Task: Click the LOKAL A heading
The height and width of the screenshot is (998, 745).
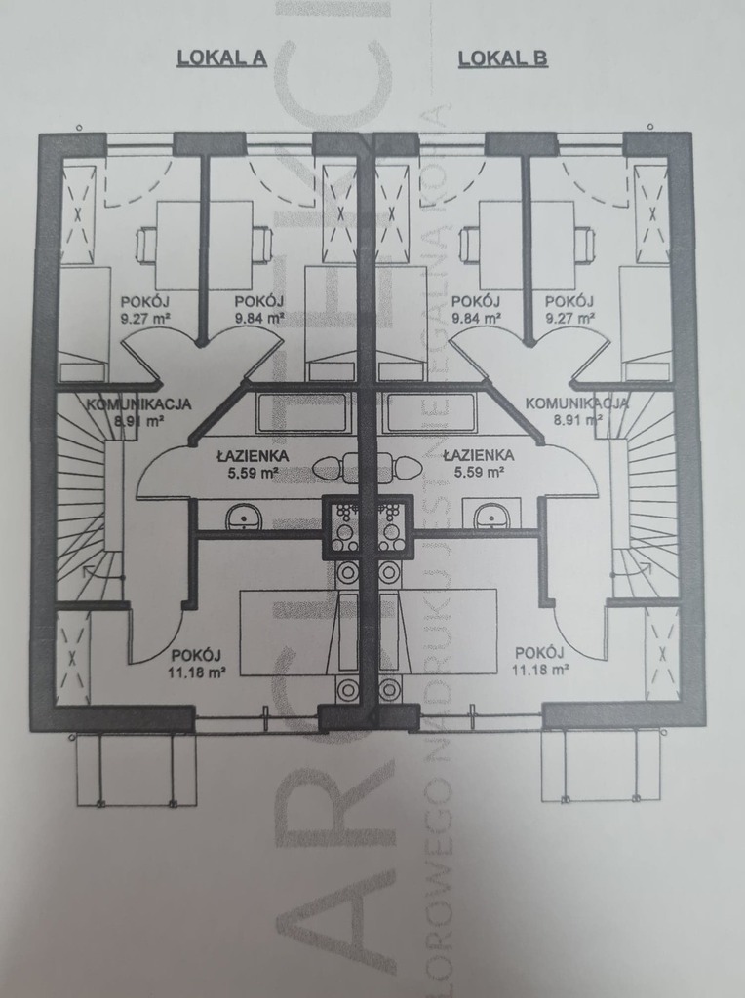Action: (221, 58)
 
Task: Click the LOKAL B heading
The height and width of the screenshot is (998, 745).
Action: (502, 58)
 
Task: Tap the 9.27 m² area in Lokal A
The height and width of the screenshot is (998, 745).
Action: (142, 318)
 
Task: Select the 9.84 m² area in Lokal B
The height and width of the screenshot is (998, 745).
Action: (476, 318)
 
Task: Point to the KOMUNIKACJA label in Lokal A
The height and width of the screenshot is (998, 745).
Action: (138, 403)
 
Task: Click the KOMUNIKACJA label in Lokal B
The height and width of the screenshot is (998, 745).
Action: (577, 403)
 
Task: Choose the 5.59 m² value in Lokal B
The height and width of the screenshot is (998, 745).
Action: (478, 473)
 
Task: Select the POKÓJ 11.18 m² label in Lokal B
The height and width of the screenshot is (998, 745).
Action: (541, 661)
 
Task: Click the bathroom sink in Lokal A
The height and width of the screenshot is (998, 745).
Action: (243, 517)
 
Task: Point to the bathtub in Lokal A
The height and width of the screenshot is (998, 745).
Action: (302, 413)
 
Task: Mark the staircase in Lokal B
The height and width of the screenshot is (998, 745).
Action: (647, 507)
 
